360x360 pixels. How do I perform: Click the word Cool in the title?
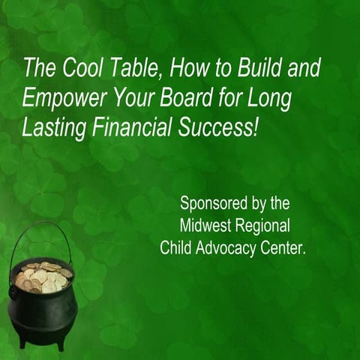pos(73,70)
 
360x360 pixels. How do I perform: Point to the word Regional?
pos(263,226)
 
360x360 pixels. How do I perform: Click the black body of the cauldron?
pos(41,315)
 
